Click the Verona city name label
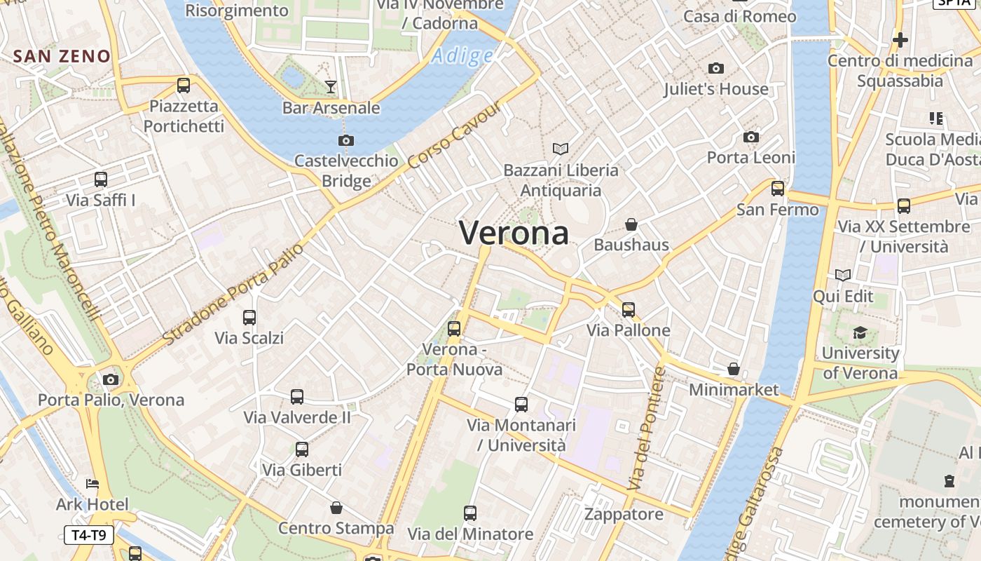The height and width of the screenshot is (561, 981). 514,233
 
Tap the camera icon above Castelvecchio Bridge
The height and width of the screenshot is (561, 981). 346,140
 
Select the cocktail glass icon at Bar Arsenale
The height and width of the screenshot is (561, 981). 331,87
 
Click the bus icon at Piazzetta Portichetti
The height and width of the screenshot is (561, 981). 184,86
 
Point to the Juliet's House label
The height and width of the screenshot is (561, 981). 716,89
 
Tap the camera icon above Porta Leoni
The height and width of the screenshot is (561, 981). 751,137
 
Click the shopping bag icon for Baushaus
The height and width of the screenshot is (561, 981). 631,224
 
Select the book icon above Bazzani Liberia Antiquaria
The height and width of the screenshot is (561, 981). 561,149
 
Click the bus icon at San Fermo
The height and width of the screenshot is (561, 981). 778,189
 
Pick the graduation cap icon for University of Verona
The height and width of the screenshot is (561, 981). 860,332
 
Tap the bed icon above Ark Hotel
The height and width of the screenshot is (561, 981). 92,484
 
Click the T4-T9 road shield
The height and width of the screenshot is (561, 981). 88,535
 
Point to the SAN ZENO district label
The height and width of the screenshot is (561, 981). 62,56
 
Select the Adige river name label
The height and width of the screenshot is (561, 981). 462,56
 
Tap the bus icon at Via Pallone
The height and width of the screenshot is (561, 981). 629,309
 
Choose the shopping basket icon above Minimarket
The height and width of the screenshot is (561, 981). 734,369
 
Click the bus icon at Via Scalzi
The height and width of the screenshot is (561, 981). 249,318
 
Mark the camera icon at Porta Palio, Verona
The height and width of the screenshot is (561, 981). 111,379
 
